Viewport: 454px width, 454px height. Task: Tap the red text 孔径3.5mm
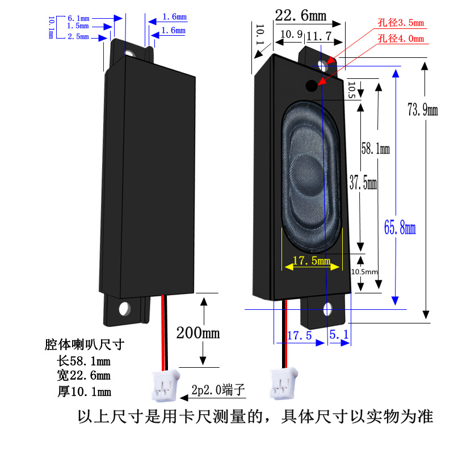coord(401,23)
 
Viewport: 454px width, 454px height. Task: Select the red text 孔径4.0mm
coord(401,39)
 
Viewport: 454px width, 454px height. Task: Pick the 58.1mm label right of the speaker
coord(376,150)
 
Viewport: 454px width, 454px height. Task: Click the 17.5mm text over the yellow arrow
coord(311,261)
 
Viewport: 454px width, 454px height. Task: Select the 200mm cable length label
coord(197,333)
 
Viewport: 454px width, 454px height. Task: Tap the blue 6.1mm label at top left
coord(78,18)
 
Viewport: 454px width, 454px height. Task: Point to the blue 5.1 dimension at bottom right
coord(338,335)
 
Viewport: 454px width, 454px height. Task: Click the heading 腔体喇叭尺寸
coord(85,344)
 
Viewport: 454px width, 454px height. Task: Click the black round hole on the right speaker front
coord(312,86)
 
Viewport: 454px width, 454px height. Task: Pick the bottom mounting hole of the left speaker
coord(125,309)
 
